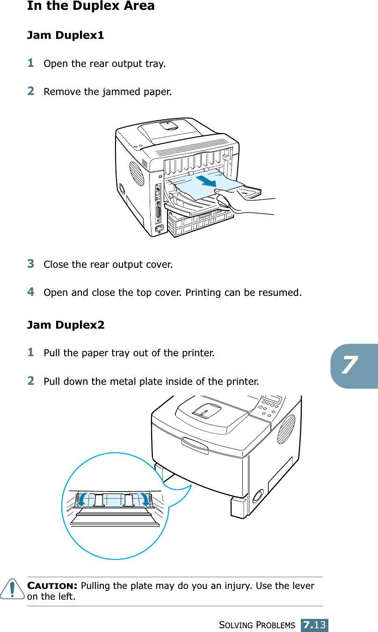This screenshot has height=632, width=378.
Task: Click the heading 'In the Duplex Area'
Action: (91, 6)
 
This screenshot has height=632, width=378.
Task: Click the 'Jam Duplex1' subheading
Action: (65, 35)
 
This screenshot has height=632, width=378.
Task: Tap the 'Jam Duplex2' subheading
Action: (66, 324)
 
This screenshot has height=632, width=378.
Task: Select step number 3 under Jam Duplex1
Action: (30, 264)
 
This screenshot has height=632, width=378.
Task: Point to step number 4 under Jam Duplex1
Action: (30, 292)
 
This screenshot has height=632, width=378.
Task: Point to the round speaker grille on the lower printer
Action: (286, 428)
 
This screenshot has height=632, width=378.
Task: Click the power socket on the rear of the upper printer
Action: (160, 229)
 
